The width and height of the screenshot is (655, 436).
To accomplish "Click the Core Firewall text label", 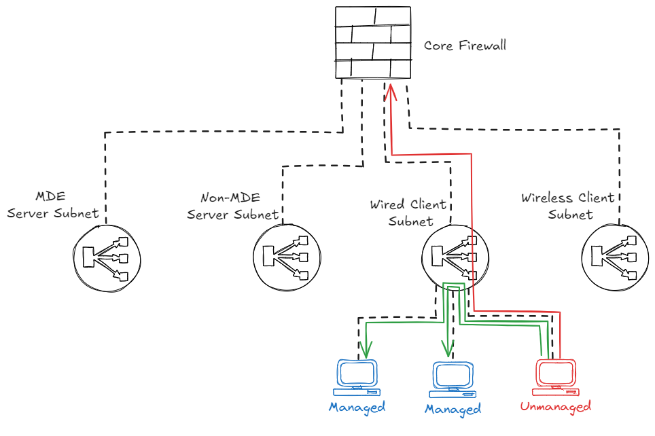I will pyautogui.click(x=465, y=46).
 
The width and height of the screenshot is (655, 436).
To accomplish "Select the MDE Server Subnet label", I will pyautogui.click(x=52, y=205).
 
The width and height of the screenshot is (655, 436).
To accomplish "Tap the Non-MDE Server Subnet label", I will pyautogui.click(x=232, y=206).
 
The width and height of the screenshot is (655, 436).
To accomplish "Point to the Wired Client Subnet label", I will pyautogui.click(x=408, y=213).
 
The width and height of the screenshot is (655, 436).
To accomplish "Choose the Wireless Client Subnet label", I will pyautogui.click(x=568, y=206).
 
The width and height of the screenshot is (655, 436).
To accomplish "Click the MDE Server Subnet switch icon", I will pyautogui.click(x=105, y=257).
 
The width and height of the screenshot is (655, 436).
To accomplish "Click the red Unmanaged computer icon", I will pyautogui.click(x=556, y=377).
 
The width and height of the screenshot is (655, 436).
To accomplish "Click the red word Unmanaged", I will pyautogui.click(x=555, y=407).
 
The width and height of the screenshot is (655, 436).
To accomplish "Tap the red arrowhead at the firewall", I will pyautogui.click(x=392, y=90).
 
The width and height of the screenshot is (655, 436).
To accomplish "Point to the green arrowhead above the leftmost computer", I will pyautogui.click(x=366, y=350).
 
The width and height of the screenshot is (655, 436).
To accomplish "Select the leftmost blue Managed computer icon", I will pyautogui.click(x=357, y=378).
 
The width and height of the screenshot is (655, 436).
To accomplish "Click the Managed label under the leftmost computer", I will pyautogui.click(x=357, y=407).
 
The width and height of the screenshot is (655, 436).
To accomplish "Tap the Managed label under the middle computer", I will pyautogui.click(x=453, y=409).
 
